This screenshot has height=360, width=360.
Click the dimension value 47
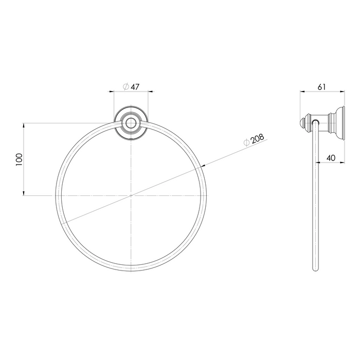click(x=135, y=87)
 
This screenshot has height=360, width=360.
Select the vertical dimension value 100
click(x=19, y=159)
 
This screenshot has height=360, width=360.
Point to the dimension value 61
click(x=321, y=87)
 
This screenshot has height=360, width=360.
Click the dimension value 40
click(x=331, y=158)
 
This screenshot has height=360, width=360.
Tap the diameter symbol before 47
click(x=126, y=87)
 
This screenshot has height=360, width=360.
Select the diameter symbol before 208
click(x=246, y=142)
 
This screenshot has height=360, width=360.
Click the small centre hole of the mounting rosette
click(x=131, y=123)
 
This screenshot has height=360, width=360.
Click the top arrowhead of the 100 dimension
click(x=23, y=125)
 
